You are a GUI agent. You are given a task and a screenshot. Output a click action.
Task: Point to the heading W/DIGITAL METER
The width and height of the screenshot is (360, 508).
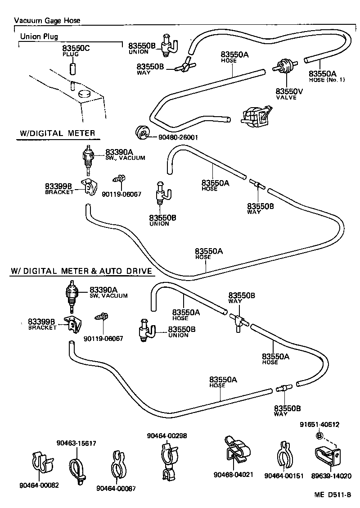click(x=58, y=133)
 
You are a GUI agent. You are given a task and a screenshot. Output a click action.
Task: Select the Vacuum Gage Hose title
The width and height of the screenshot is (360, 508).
click(x=47, y=21)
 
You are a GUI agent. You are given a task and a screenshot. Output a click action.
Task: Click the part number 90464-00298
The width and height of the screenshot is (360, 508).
click(x=167, y=435)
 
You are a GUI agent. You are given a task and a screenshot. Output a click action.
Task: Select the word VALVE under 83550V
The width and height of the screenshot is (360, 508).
click(x=287, y=97)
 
